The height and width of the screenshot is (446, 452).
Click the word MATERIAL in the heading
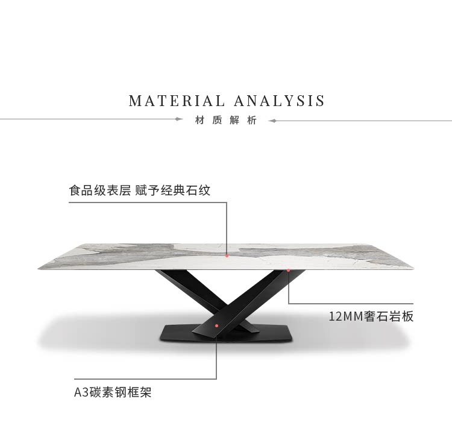coord(177,101)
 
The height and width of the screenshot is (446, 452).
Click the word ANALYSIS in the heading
coord(279,101)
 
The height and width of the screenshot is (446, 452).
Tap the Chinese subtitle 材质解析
coord(226,120)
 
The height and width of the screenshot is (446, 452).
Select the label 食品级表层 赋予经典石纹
coord(140,190)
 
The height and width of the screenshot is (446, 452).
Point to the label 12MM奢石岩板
coord(371,316)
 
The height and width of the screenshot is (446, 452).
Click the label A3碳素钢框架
coord(113,392)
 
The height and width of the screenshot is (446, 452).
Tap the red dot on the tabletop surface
coord(227,256)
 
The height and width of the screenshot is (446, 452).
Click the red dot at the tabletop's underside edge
coord(288,271)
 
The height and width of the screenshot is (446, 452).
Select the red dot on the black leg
coord(216,326)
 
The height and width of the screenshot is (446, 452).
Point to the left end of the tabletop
coord(39,269)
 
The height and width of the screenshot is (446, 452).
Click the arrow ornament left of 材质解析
coord(179,119)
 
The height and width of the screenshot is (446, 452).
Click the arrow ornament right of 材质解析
coord(272,121)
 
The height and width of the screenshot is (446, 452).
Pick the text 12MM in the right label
coord(345,316)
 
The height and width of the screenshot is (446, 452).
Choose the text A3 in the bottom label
coord(81,393)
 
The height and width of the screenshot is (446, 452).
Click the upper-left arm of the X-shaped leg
coord(184,285)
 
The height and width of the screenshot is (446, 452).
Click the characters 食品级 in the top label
coord(87,190)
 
